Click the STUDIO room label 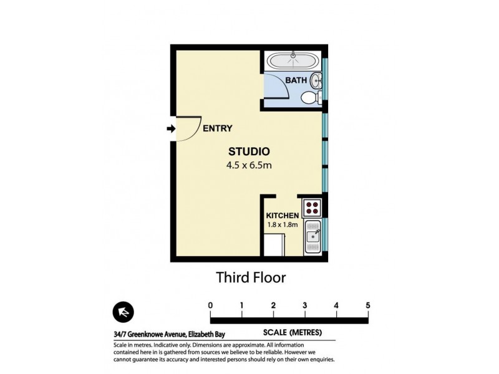(x=248, y=151)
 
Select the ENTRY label (x=218, y=129)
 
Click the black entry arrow (x=171, y=129)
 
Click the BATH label (x=296, y=80)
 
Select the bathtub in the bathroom (x=293, y=61)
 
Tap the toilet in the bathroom (x=309, y=98)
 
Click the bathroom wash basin (x=317, y=80)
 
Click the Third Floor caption (x=250, y=277)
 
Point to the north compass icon (x=122, y=312)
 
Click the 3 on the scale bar (x=304, y=305)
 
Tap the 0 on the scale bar (x=210, y=305)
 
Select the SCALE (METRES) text (x=292, y=332)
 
